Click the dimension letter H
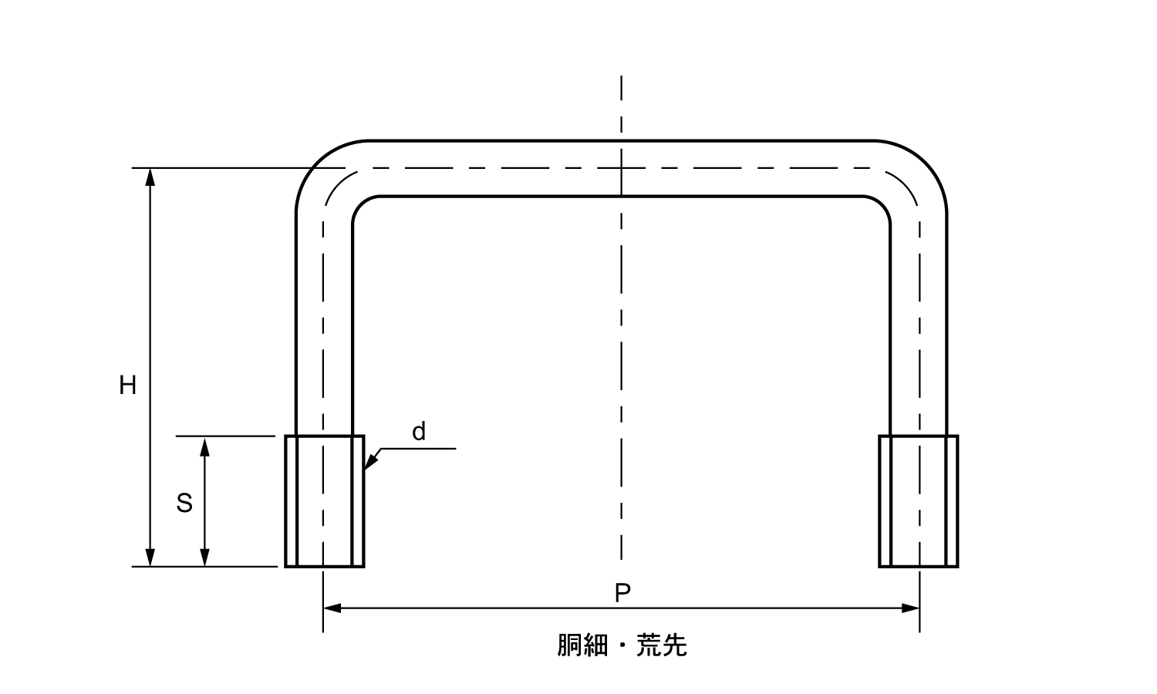[x=127, y=385]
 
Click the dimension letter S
[x=184, y=504]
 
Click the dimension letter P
[x=622, y=593]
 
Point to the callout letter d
[x=419, y=432]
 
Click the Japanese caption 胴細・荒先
[x=622, y=645]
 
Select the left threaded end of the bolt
[x=324, y=501]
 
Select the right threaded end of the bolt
[x=918, y=501]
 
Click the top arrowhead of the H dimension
[x=150, y=177]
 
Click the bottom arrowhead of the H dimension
[x=150, y=558]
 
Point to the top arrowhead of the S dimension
[x=204, y=446]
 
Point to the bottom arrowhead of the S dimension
[x=204, y=558]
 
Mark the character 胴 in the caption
[x=570, y=645]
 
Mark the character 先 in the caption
[x=674, y=645]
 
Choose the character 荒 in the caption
[x=649, y=645]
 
